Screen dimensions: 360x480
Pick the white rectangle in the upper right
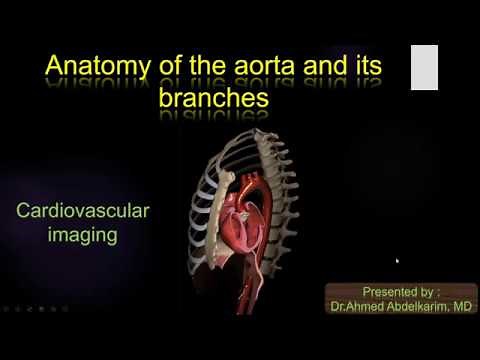425,67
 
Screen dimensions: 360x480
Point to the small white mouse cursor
398,261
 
